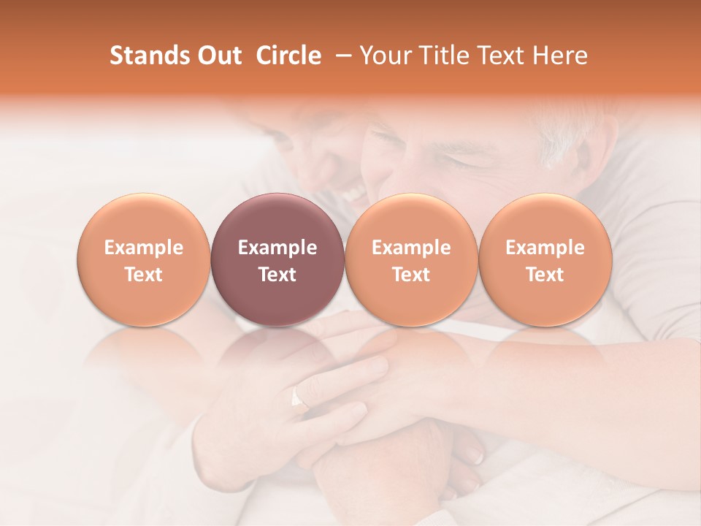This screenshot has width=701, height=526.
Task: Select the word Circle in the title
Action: (288, 56)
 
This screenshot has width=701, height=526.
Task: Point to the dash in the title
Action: (340, 56)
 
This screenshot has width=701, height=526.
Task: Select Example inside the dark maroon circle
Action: (277, 248)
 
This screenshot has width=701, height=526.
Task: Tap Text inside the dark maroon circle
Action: (277, 275)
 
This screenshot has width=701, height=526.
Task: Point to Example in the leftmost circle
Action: (144, 248)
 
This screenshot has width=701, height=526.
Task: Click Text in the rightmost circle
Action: (545, 275)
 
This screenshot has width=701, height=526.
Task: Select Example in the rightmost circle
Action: (545, 248)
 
